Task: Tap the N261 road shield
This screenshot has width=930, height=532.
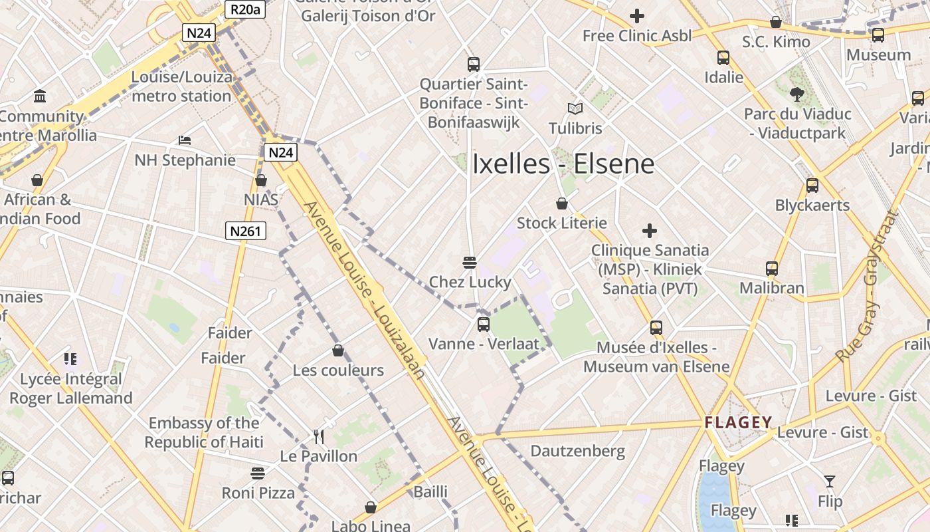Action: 246,231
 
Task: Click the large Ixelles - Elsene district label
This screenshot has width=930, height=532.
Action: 563,164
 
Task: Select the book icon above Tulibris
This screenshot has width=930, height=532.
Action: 575,108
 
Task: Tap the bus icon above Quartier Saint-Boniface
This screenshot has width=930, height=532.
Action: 473,64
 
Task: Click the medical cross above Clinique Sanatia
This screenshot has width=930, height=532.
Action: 650,231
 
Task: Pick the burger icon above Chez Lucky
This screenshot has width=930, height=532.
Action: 470,262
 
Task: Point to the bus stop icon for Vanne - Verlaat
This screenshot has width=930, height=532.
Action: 483,325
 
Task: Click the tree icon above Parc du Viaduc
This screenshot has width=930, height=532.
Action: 797,94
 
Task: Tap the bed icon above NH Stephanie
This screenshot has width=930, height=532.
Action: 185,140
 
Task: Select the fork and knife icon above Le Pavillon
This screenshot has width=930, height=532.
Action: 319,436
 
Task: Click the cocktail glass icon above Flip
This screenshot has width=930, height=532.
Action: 830,481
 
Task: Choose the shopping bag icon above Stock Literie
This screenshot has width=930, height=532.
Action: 562,203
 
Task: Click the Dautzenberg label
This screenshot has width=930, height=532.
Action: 577,452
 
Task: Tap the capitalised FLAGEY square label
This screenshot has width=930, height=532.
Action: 738,422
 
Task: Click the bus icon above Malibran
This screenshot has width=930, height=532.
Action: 771,269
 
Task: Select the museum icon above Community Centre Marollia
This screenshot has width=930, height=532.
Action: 39,96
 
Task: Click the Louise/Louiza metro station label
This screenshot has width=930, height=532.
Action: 181,86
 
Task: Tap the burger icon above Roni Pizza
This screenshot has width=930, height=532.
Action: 258,473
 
